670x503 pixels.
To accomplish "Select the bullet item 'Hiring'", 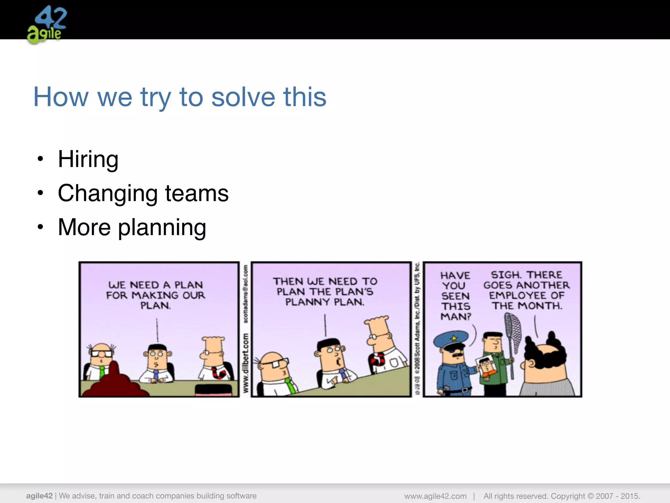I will (x=88, y=159).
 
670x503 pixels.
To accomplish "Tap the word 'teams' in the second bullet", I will (x=197, y=193).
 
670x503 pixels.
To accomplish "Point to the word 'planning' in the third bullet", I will (x=162, y=228).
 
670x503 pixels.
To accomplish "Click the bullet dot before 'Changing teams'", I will (x=40, y=193).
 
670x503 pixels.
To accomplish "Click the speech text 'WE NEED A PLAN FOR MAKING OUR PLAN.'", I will (x=155, y=295).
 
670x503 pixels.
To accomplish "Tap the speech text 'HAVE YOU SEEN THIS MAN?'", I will (x=455, y=296).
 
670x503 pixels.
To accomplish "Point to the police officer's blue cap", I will (x=449, y=340).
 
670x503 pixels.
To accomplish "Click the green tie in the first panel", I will (x=102, y=372).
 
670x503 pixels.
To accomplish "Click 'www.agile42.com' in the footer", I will (x=435, y=496).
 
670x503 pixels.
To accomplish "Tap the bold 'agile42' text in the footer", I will (x=39, y=496).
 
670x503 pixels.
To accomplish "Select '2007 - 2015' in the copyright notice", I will (x=618, y=496).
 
